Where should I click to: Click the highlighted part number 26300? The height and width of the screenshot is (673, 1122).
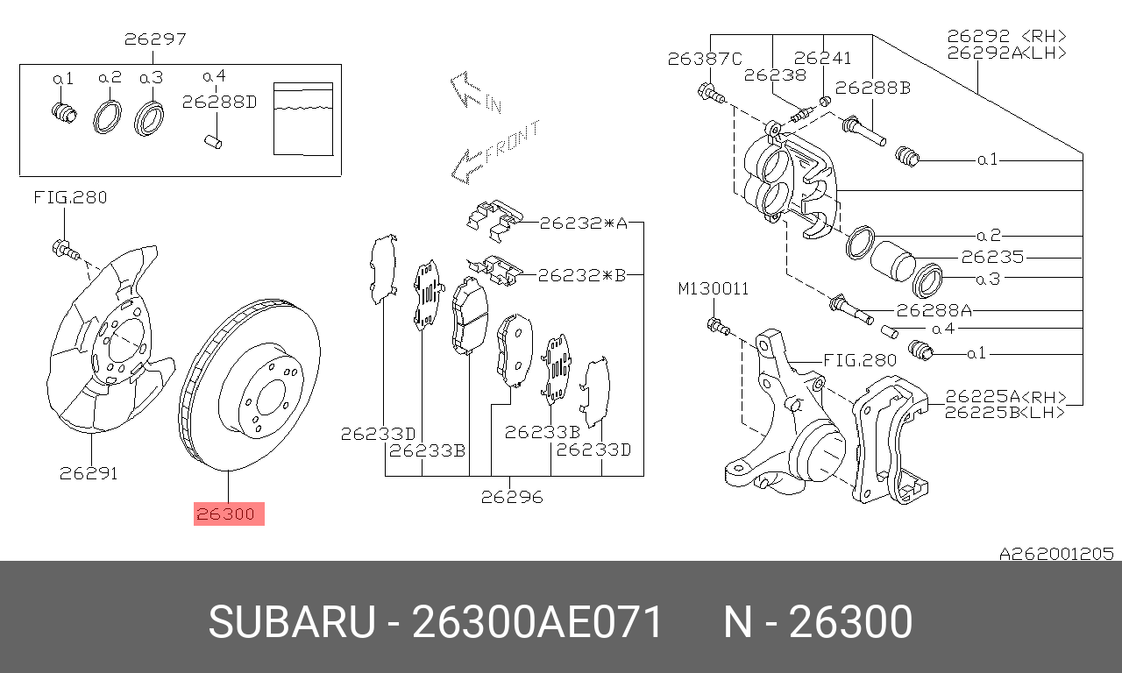228,514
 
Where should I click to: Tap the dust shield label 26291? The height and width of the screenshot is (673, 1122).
89,474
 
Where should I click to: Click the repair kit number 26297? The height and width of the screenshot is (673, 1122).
154,39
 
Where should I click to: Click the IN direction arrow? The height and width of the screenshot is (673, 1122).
474,92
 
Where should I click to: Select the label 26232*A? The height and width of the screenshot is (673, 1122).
582,223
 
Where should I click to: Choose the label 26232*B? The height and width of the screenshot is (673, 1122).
582,275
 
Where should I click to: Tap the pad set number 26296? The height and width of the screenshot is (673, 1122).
512,497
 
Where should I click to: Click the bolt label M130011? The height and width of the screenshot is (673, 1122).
713,289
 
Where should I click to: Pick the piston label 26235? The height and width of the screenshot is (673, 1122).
991,258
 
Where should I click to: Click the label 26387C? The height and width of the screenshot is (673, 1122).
704,60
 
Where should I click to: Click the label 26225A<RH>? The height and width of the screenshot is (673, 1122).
1005,396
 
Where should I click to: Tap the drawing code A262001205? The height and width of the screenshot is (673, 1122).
1056,553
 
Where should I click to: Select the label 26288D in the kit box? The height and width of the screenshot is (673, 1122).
219,102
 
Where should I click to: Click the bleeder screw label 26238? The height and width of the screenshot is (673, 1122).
774,74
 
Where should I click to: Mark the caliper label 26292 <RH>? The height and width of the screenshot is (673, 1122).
1006,36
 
